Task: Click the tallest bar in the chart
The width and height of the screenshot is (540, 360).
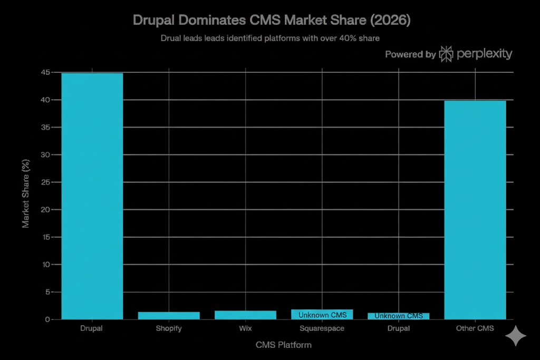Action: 92,195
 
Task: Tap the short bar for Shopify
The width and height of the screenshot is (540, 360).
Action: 169,315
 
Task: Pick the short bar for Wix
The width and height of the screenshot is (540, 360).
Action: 245,315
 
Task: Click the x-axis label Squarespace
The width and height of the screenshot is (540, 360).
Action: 322,328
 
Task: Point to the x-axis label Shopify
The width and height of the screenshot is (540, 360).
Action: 169,328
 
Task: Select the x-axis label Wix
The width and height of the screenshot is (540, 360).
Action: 245,328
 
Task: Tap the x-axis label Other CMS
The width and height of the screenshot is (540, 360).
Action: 475,328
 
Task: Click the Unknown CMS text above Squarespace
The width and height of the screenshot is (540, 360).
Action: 322,315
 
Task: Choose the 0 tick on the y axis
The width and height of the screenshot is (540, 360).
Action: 47,319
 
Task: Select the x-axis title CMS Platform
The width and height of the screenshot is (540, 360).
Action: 283,345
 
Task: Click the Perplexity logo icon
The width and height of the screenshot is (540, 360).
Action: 446,54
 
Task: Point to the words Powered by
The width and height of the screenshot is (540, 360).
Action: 410,54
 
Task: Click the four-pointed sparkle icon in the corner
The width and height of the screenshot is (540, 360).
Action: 515,336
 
